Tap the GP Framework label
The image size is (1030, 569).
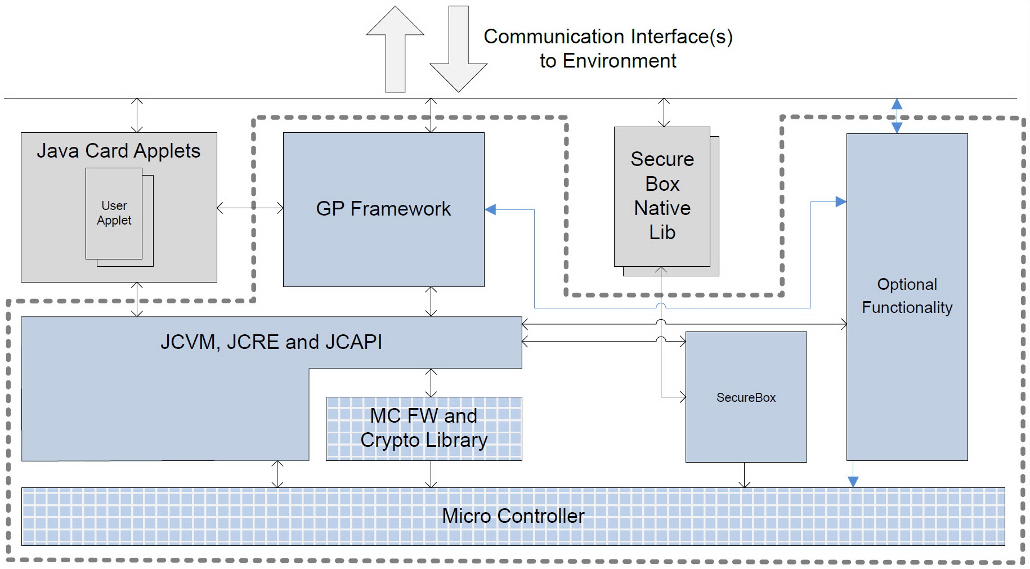coord(383,209)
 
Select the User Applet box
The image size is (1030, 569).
coord(114,213)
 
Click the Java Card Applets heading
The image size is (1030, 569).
coord(118,151)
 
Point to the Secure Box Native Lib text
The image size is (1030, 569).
coord(662,196)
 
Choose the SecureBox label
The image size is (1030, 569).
coord(746,397)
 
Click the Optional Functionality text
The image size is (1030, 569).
coord(907,296)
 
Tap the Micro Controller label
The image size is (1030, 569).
coord(513,516)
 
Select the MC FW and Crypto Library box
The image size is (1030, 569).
coord(424,428)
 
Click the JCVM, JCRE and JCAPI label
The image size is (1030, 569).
coord(271,342)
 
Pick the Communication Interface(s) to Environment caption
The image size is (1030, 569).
coord(608,48)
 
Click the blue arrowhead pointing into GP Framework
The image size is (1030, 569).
coord(491,209)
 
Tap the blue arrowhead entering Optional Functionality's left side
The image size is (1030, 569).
coord(841,201)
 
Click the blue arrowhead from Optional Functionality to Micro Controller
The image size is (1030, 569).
coord(853,481)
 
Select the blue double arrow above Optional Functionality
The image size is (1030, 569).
coord(897,116)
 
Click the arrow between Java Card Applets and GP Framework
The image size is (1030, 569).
coord(250,208)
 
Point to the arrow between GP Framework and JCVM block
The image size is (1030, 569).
coord(431,302)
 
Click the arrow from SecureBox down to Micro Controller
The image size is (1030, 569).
coord(745,475)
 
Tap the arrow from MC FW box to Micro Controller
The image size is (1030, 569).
coord(431,474)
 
